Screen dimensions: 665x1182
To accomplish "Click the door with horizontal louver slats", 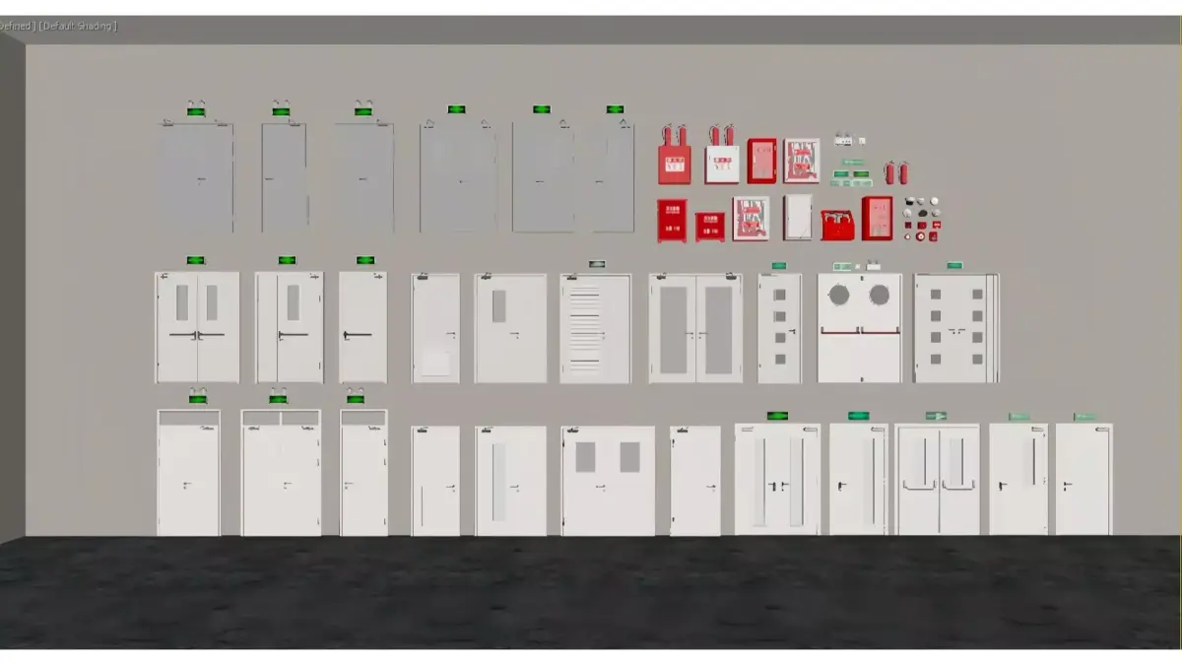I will pos(596,328).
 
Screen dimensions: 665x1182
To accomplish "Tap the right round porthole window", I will pos(879,295).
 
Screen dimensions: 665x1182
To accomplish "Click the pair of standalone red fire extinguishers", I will pos(896,172).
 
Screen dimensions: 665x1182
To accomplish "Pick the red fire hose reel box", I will pos(837,225).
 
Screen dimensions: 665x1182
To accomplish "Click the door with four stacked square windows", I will pos(779,328).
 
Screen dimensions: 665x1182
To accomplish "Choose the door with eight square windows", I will pos(955,328).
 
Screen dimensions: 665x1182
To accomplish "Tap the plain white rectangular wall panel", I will pos(798,217).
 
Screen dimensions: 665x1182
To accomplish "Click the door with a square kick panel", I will pos(435,328).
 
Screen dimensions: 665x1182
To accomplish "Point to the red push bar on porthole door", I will pos(859,332).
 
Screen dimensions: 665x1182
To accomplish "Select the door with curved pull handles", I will pos(938,480).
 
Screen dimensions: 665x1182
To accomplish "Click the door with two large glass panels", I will pos(695,328).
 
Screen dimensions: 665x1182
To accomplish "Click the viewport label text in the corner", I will pos(59,26).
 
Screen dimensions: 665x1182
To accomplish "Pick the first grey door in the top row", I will pos(196,177).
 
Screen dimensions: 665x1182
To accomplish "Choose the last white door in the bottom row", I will pos(1083,480).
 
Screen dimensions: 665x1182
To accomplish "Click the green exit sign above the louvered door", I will pos(597,264).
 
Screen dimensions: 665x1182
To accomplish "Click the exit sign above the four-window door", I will pos(779,265).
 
